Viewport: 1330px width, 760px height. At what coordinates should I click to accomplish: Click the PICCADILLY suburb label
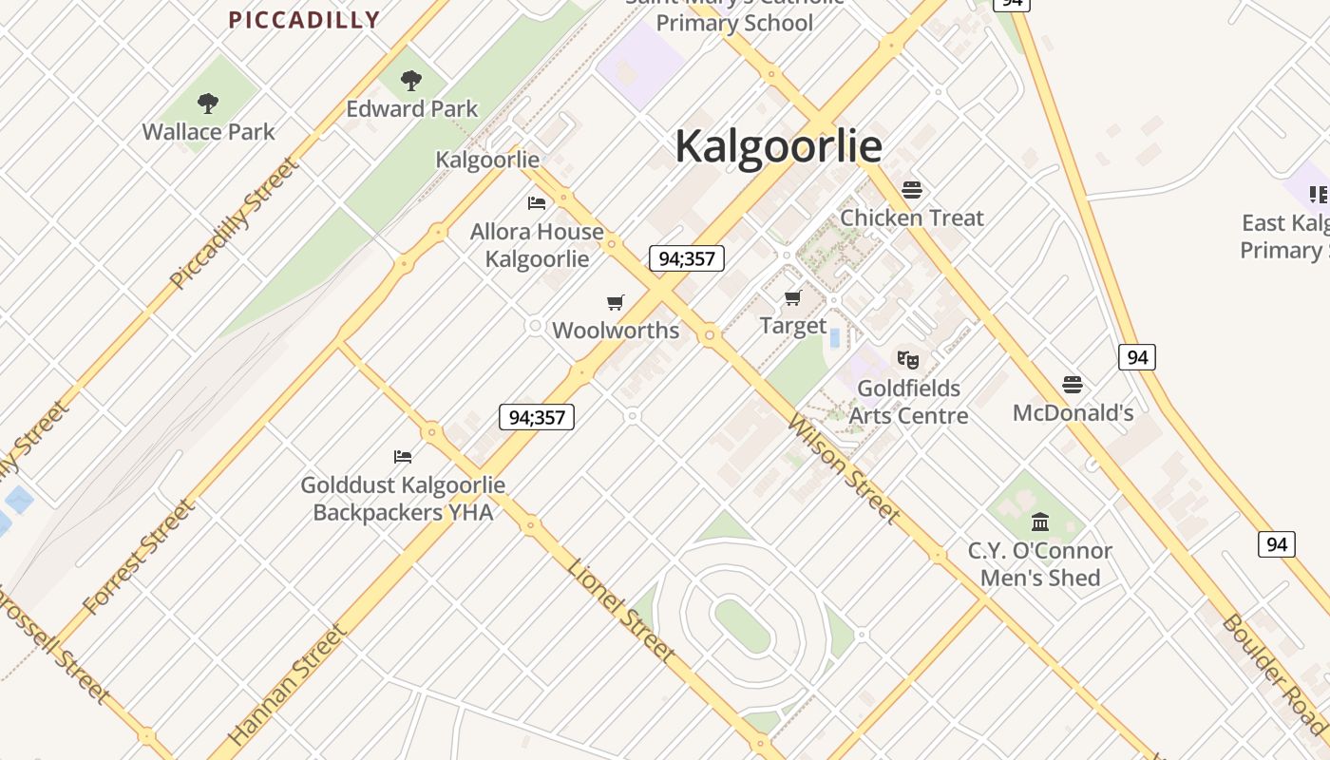point(304,20)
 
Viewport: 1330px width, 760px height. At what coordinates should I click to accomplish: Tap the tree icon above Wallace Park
point(208,104)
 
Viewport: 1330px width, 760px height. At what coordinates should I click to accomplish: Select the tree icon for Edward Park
point(411,81)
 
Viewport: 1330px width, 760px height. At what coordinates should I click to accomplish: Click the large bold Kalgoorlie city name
point(778,146)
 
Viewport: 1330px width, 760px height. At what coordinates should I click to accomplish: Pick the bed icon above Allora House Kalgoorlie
point(537,203)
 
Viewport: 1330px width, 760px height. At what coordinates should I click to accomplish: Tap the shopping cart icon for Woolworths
point(616,303)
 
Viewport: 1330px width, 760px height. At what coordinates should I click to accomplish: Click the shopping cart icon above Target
point(793,298)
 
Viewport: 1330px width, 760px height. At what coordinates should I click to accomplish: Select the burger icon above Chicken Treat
point(912,190)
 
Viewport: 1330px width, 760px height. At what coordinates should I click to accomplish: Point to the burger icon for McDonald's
point(1073,385)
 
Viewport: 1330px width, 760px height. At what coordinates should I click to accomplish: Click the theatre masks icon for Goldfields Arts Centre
point(908,360)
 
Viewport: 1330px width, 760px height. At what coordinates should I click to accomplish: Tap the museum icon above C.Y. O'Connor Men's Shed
point(1040,522)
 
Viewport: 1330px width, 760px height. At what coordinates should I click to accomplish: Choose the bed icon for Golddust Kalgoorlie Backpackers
point(403,457)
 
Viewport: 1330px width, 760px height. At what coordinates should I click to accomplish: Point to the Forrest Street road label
point(140,556)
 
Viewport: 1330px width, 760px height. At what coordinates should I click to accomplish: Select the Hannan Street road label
point(288,684)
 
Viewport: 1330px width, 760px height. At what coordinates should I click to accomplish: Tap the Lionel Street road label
point(621,610)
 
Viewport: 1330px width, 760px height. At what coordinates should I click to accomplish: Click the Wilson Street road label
point(843,469)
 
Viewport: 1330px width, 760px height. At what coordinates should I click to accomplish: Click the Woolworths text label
point(616,331)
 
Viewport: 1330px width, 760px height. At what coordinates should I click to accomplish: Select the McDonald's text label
point(1073,412)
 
